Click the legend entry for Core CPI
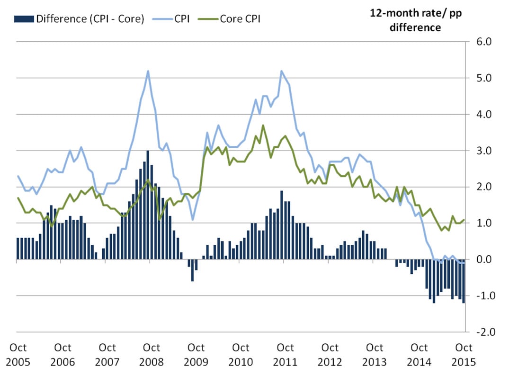(x=240, y=19)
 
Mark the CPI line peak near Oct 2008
(x=148, y=71)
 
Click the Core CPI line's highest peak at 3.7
(x=263, y=125)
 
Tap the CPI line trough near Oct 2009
(x=193, y=220)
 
